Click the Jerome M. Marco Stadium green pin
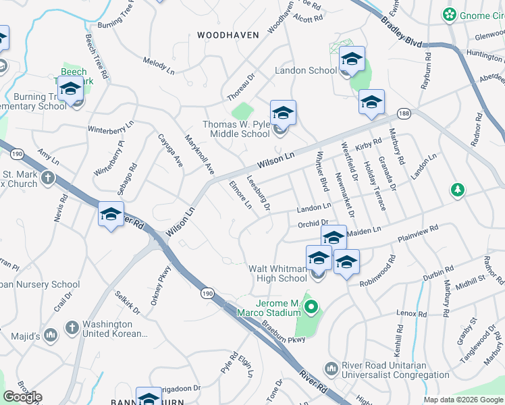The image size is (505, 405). (311, 308)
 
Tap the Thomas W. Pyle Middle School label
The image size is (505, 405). (236, 129)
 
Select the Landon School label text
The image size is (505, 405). (306, 70)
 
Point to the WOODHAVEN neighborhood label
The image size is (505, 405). (223, 34)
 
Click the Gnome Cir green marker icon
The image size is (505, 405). (448, 14)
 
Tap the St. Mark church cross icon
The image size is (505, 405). (47, 178)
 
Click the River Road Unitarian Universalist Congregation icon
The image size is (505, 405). (331, 369)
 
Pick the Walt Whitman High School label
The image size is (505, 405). (278, 273)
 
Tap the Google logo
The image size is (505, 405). (22, 397)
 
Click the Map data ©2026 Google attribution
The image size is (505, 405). (463, 400)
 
